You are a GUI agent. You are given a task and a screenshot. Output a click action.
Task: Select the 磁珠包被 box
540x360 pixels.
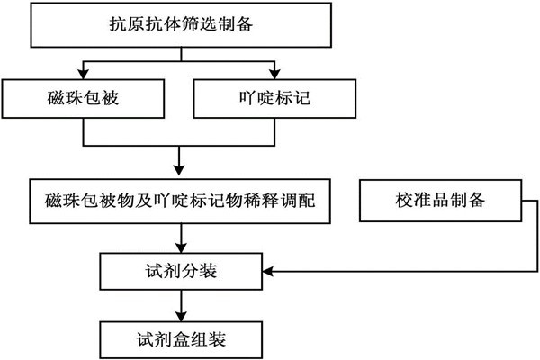[x=83, y=97]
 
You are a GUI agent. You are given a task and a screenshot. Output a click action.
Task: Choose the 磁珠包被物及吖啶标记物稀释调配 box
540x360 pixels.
[x=183, y=201]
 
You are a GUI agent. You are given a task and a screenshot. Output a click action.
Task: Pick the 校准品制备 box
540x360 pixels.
[x=441, y=200]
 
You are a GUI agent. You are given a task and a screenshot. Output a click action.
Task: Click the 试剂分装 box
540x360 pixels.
[x=183, y=269]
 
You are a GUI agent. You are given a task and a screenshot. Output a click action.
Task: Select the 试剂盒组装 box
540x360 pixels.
[x=183, y=338]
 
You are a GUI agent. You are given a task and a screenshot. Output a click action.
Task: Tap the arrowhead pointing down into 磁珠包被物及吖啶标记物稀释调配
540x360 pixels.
[x=183, y=173]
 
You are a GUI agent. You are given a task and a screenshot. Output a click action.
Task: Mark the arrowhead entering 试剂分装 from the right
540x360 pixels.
[x=267, y=269]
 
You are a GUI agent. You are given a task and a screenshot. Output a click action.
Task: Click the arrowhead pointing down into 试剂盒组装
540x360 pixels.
[x=183, y=315]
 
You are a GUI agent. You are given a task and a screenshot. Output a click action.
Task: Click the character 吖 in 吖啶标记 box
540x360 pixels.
[x=240, y=97]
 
